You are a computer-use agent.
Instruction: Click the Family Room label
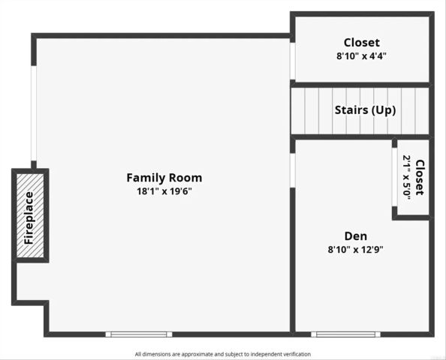(x=164, y=178)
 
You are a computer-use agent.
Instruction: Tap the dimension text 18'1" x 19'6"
(x=164, y=191)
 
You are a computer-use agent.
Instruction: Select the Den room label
(x=355, y=235)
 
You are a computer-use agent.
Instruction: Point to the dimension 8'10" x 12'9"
(x=355, y=250)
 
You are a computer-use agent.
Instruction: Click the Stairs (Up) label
(x=365, y=110)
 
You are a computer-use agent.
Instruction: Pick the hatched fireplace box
(x=30, y=216)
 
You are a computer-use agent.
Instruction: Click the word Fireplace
(x=29, y=217)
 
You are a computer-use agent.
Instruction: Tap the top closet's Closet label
(x=361, y=43)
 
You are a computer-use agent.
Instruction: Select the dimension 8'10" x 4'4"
(x=361, y=56)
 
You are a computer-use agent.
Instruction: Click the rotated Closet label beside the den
(x=419, y=177)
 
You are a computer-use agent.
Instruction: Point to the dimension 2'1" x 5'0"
(x=406, y=177)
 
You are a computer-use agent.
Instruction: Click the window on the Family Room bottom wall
(x=138, y=334)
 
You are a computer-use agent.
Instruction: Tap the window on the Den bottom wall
(x=345, y=334)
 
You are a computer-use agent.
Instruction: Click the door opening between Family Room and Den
(x=292, y=169)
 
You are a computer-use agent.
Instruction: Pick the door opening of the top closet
(x=292, y=61)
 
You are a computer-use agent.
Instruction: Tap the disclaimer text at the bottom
(x=222, y=354)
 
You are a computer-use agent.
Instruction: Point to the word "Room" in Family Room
(x=185, y=178)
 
